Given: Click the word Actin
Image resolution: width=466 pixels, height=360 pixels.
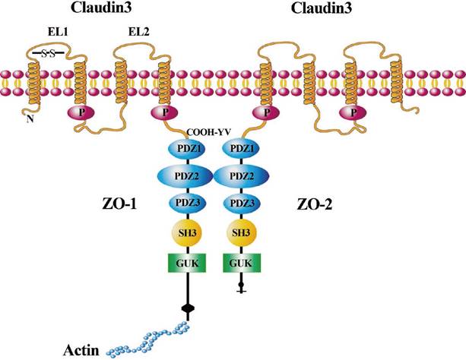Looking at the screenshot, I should click(x=81, y=350).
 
